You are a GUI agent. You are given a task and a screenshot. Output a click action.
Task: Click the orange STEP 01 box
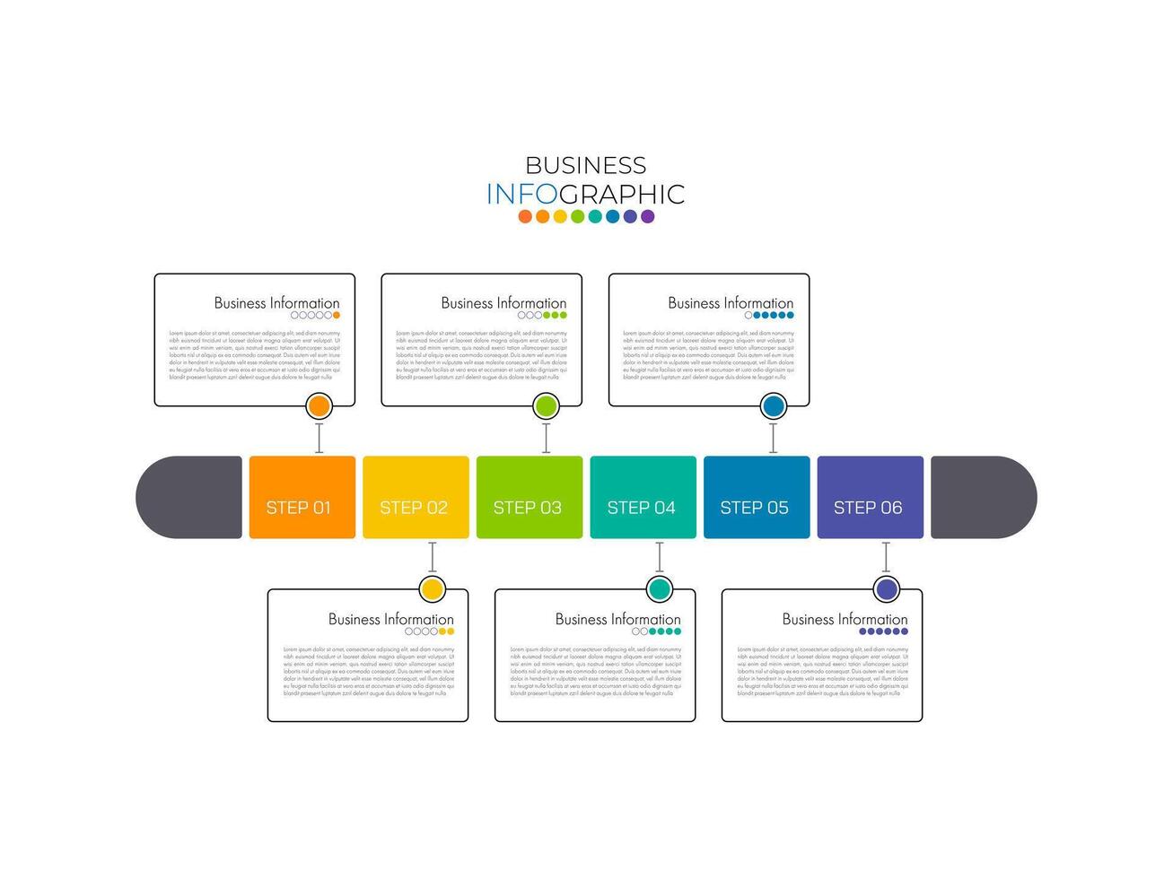[x=302, y=497]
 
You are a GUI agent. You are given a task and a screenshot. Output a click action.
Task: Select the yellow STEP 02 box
[x=416, y=497]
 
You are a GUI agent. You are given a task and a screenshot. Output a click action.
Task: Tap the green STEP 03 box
[x=529, y=497]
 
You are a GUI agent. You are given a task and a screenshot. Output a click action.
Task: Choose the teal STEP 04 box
[x=643, y=497]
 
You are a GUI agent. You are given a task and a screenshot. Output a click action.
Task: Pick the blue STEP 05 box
[x=757, y=497]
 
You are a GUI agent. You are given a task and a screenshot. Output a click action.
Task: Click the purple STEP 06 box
[x=870, y=497]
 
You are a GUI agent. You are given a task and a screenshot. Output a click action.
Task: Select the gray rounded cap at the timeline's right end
[x=983, y=497]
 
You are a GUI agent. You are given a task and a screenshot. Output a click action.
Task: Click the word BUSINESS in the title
[x=585, y=165]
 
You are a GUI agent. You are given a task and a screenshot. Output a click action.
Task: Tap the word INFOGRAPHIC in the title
[x=585, y=194]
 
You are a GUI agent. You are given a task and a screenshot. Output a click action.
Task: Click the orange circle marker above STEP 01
[x=319, y=406]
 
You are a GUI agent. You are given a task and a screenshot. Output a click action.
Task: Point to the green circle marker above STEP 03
[x=546, y=406]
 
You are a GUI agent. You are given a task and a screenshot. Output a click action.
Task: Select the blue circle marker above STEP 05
[x=773, y=406]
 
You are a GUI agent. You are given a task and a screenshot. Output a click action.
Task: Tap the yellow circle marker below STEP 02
[x=433, y=589]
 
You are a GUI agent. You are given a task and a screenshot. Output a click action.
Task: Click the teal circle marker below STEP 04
[x=660, y=589]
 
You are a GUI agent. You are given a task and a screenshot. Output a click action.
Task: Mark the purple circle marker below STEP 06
[x=887, y=589]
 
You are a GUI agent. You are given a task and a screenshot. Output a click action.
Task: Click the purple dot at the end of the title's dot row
[x=647, y=216]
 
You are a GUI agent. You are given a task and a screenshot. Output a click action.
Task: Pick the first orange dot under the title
[x=525, y=216]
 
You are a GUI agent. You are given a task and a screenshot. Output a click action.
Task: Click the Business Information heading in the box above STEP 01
[x=276, y=303]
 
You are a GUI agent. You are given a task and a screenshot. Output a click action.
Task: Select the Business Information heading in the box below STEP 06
[x=845, y=619]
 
